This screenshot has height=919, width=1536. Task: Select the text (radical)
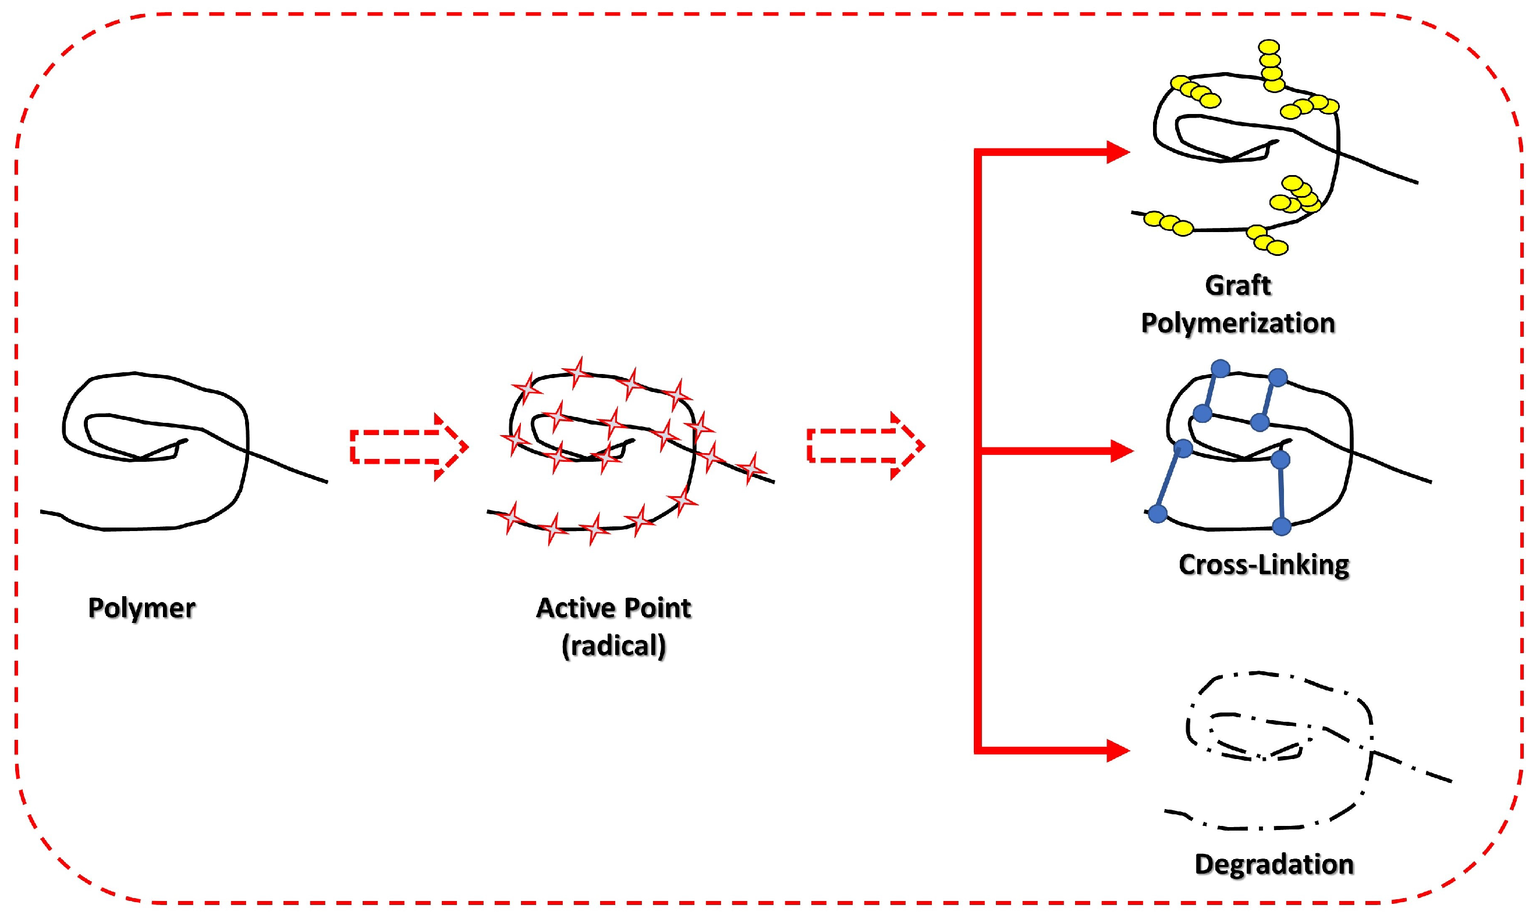[x=613, y=646]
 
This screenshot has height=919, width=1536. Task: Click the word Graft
[x=1237, y=286]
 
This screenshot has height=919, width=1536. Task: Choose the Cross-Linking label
[x=1264, y=565]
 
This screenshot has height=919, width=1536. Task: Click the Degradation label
[x=1274, y=864]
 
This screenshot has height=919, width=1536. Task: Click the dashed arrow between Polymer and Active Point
[x=409, y=447]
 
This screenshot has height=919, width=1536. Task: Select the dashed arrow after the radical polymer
[x=865, y=446]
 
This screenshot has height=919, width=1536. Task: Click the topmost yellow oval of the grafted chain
[x=1269, y=47]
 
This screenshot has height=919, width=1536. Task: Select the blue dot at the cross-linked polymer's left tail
[x=1158, y=514]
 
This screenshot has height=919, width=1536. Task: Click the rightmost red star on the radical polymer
[x=752, y=468]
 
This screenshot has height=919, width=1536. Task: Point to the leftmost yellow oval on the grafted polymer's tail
[x=1153, y=219]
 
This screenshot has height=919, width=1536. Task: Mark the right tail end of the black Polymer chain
[x=326, y=481]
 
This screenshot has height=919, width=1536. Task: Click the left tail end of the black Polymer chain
[x=42, y=511]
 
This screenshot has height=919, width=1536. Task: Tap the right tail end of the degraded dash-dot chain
[x=1450, y=781]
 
